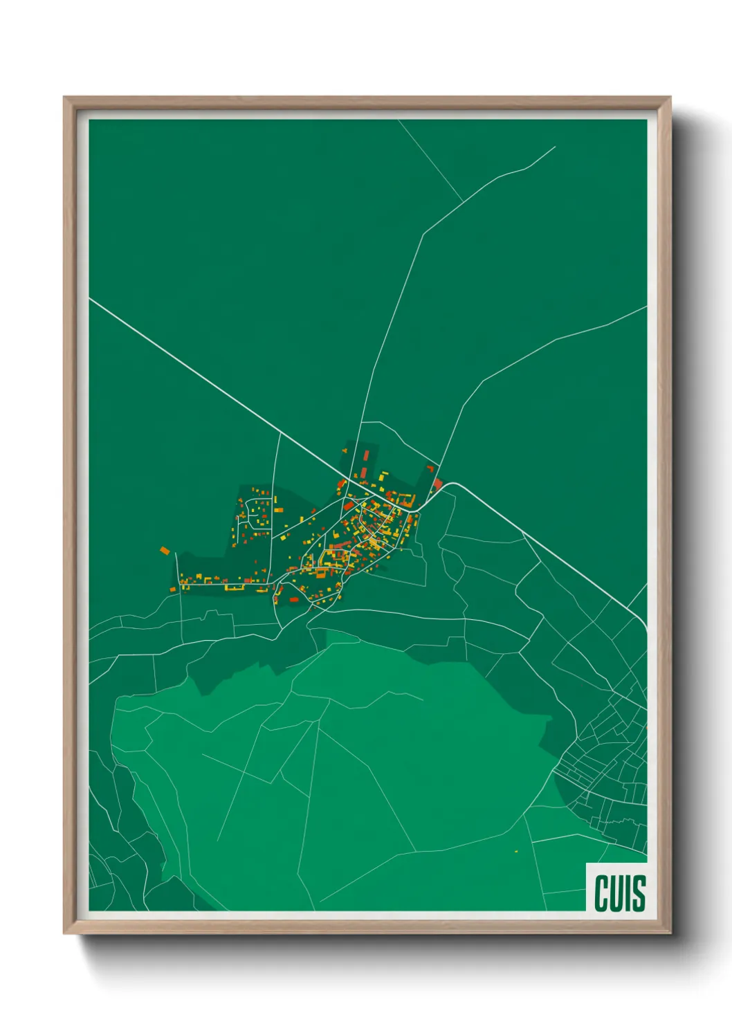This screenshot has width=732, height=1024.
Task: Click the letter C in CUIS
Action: point(601,893)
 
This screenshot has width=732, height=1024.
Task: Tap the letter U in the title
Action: point(616,893)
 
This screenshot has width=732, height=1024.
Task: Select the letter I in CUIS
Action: point(628,893)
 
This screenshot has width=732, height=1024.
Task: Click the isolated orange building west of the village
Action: point(165,551)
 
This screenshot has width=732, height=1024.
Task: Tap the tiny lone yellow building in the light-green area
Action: point(516,850)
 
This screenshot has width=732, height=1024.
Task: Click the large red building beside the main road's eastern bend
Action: point(437,482)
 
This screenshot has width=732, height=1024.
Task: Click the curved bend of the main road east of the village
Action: point(451,484)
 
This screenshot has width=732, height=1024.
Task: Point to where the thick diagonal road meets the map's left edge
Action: point(91,300)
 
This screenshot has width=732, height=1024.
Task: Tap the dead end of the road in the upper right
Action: point(555,147)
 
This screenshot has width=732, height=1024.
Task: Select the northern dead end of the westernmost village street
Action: point(176,553)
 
